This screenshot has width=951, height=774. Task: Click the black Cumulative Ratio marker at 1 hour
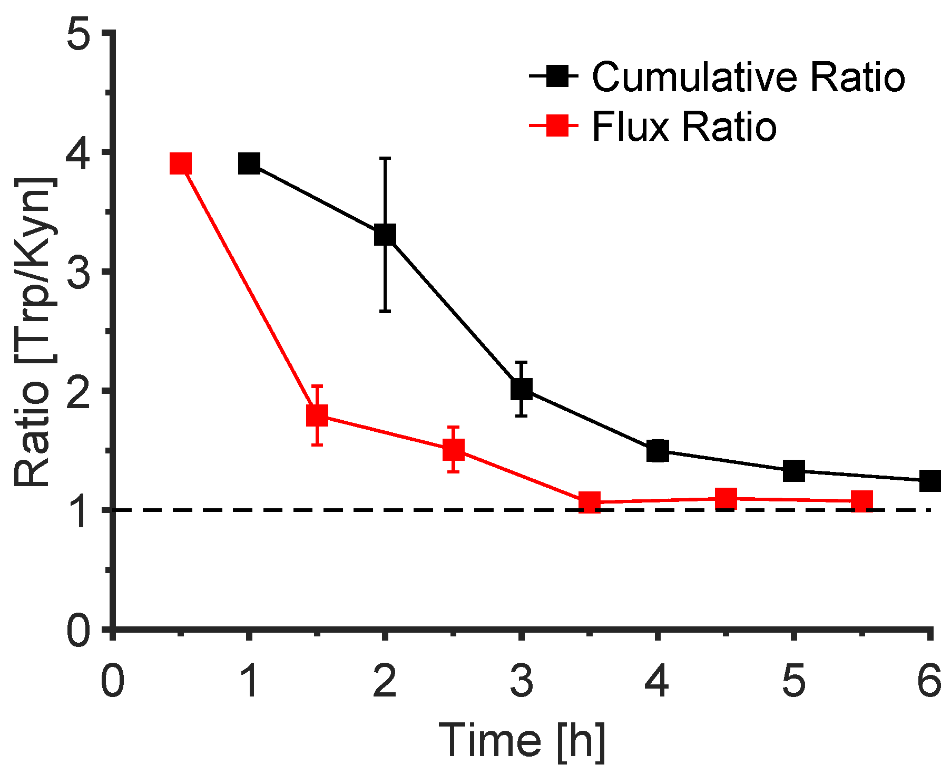pyautogui.click(x=249, y=163)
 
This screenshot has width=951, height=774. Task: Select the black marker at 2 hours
pyautogui.click(x=385, y=235)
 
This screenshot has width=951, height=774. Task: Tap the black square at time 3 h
pyautogui.click(x=521, y=389)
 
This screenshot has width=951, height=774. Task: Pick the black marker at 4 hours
pyautogui.click(x=658, y=451)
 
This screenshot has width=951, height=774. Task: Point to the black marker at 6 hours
pyautogui.click(x=929, y=480)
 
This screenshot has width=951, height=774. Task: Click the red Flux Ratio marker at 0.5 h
pyautogui.click(x=181, y=164)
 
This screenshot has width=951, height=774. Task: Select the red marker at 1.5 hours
pyautogui.click(x=317, y=415)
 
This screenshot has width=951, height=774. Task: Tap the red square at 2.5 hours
pyautogui.click(x=454, y=449)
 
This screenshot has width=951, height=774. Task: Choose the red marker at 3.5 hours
pyautogui.click(x=590, y=502)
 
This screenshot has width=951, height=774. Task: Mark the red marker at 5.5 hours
pyautogui.click(x=862, y=500)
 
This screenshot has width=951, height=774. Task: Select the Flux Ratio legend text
pyautogui.click(x=684, y=127)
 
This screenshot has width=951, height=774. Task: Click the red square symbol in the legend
pyautogui.click(x=557, y=126)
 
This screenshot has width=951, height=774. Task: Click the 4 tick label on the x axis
pyautogui.click(x=657, y=681)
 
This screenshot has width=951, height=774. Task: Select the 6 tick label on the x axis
pyautogui.click(x=929, y=681)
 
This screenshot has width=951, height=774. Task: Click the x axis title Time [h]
pyautogui.click(x=522, y=741)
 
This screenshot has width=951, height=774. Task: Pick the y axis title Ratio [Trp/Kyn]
pyautogui.click(x=33, y=332)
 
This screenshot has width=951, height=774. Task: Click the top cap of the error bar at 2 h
pyautogui.click(x=385, y=158)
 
